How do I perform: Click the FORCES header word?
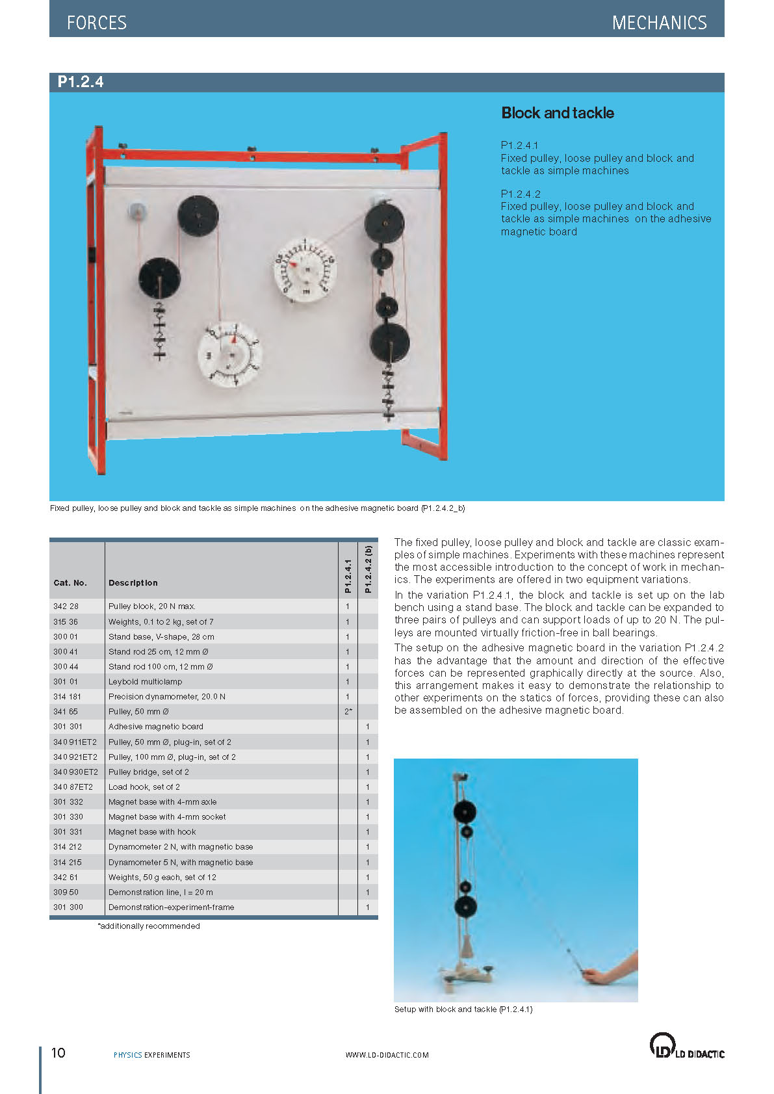[x=96, y=23]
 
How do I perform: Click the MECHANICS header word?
[x=659, y=23]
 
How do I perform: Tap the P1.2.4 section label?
[x=81, y=82]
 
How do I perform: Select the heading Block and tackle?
[x=558, y=113]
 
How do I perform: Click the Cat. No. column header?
[x=70, y=583]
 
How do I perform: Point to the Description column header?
[x=133, y=583]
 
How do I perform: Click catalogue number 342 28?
[x=66, y=606]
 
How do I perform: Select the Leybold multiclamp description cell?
[x=146, y=682]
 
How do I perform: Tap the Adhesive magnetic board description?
[x=156, y=727]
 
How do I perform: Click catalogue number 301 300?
[x=68, y=907]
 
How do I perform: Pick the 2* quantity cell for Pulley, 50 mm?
[x=348, y=712]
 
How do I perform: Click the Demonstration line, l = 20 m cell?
[x=161, y=892]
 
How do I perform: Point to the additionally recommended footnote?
[x=149, y=926]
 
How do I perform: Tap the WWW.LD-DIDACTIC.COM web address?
[x=387, y=1055]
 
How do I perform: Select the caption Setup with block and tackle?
[x=463, y=1009]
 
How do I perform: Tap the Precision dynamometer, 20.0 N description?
[x=167, y=697]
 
